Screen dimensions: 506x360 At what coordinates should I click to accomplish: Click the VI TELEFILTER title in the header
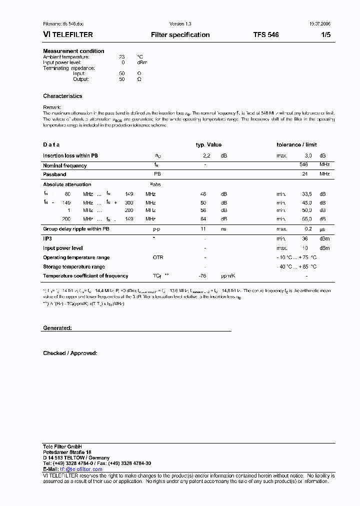coord(68,35)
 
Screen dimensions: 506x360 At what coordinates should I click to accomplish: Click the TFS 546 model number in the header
coord(266,35)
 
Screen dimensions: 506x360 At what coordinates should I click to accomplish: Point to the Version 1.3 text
coord(180,24)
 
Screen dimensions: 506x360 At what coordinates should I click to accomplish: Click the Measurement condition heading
coord(73,51)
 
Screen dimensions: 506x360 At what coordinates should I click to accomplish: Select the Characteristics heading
coord(62,96)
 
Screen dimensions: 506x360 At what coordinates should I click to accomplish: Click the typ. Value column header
coord(208,145)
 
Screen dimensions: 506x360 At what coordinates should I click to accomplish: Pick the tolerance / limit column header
coord(296,145)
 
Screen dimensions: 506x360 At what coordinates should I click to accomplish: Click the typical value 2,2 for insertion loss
coord(207,156)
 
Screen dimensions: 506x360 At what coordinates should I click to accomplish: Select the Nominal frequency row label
coord(64,165)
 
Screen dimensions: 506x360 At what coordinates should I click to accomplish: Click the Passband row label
coord(54,174)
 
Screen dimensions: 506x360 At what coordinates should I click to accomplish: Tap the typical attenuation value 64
coord(203,219)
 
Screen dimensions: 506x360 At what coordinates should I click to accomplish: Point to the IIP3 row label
coord(47,238)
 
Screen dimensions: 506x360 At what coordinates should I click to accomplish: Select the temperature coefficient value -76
coord(202,276)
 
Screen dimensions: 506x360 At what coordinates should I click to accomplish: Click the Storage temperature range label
coord(74,267)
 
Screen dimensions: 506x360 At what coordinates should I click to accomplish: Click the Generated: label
coord(57,328)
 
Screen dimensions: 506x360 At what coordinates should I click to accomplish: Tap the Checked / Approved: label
coord(70,353)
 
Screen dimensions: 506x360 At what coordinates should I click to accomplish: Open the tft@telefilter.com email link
coord(80,469)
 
